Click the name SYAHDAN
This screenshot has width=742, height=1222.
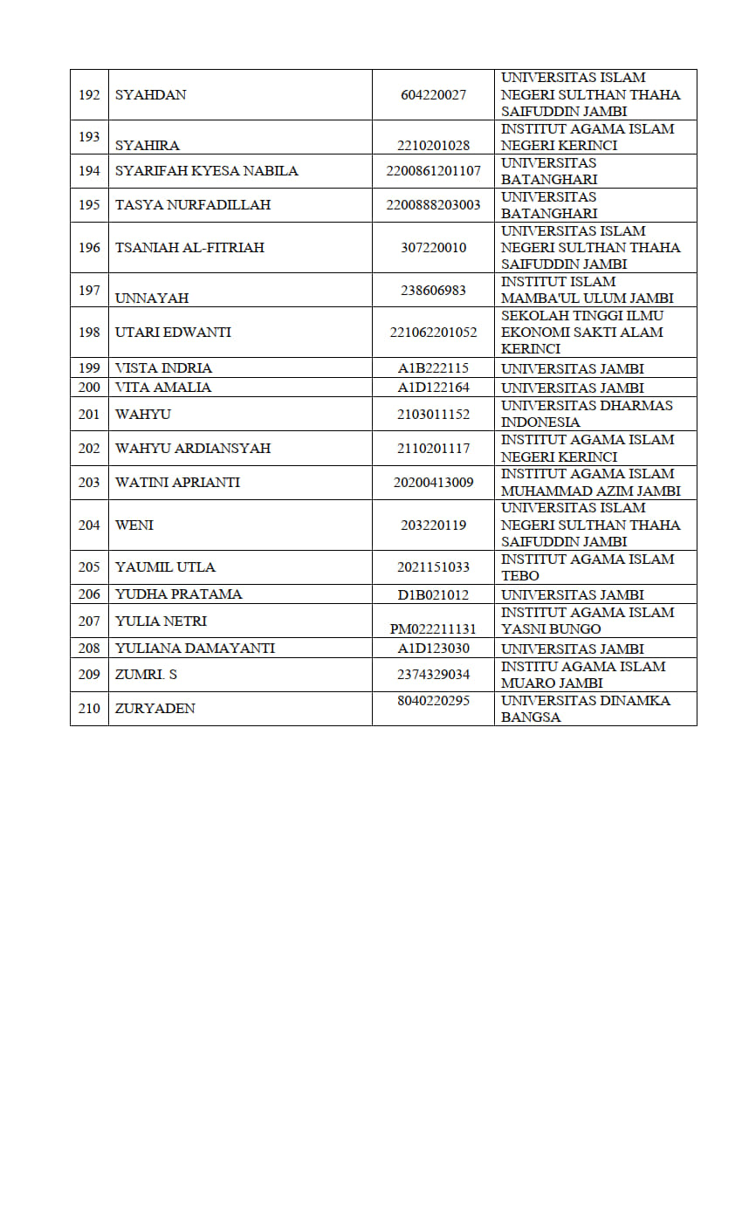click(x=151, y=94)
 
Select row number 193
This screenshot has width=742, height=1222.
click(x=89, y=137)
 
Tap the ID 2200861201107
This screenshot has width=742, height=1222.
click(x=433, y=171)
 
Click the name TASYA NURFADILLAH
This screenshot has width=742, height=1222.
click(x=193, y=205)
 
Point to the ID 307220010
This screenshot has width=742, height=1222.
click(x=433, y=248)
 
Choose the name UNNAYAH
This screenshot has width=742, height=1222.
click(x=152, y=298)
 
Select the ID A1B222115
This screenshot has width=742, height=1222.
click(x=433, y=368)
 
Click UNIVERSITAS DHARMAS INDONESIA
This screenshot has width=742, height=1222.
click(x=587, y=414)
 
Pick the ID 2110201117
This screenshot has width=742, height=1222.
click(x=433, y=448)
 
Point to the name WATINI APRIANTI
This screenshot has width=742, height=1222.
click(x=177, y=482)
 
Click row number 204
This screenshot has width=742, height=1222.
click(x=89, y=525)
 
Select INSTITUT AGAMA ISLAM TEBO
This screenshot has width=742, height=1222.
click(x=587, y=567)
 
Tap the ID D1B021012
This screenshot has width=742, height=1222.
click(x=433, y=594)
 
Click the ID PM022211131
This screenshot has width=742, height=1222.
click(x=433, y=628)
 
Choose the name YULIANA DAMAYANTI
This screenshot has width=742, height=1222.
click(x=195, y=649)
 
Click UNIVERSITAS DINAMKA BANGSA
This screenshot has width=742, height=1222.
click(x=586, y=709)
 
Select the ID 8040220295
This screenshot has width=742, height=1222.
click(x=433, y=700)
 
